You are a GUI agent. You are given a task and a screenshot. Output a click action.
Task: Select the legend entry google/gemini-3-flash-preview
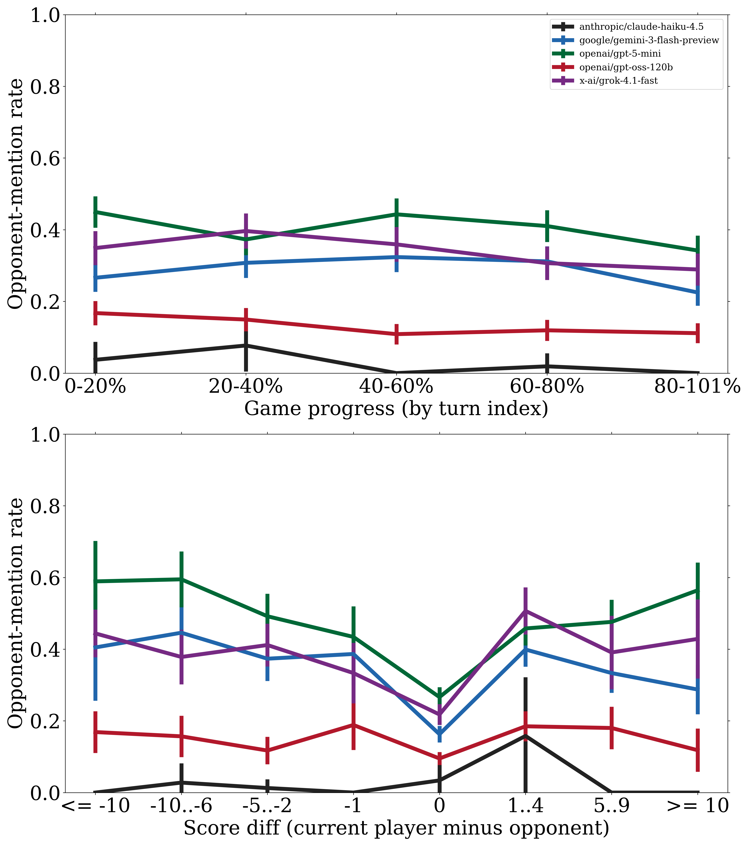click(649, 40)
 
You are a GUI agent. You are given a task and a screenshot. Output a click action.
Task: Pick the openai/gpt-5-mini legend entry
click(620, 54)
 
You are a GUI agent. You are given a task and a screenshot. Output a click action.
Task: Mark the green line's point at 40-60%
click(396, 214)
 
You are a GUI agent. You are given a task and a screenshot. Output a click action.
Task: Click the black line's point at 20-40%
click(246, 345)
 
